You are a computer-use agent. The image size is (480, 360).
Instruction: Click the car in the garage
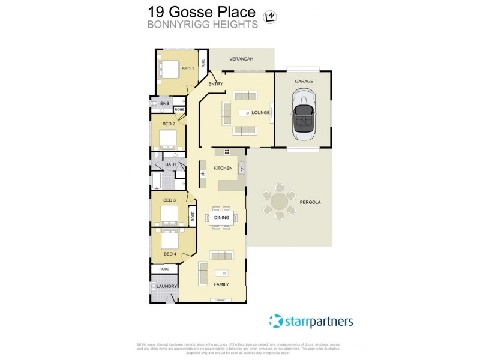(304, 114)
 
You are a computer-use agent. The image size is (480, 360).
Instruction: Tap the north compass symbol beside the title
(270, 17)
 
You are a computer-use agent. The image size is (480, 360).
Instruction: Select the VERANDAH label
(242, 59)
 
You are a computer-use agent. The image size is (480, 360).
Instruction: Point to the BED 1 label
(188, 68)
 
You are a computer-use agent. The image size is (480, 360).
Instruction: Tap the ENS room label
(164, 104)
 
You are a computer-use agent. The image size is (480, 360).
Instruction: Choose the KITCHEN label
(223, 168)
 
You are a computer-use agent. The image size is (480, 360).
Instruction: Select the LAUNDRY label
(167, 286)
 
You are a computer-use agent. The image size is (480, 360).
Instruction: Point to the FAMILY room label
(221, 284)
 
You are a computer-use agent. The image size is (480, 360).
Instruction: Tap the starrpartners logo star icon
(275, 321)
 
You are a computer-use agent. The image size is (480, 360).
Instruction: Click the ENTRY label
(215, 84)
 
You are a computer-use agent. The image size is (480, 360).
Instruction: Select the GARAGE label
(304, 80)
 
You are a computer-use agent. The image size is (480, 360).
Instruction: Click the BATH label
(171, 164)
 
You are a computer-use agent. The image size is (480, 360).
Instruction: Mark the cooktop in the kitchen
(227, 151)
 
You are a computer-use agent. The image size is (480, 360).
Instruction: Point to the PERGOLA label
(311, 202)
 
